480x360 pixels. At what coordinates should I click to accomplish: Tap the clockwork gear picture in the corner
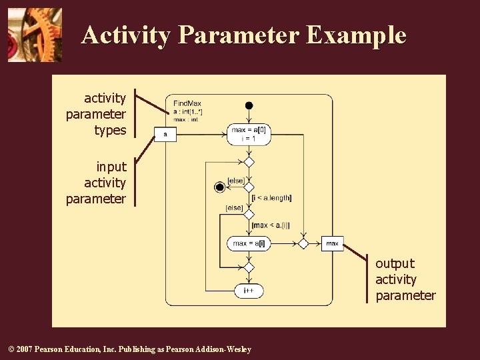35,35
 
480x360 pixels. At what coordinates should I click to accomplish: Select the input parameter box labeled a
165,135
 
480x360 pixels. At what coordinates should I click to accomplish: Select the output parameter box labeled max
332,243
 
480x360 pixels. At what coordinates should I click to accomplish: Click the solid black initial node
249,105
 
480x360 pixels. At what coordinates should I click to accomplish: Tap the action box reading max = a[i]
249,243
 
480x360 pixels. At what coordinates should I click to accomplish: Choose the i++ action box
249,291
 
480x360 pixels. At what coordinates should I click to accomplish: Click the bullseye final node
219,187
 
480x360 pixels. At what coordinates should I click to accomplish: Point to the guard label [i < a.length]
271,197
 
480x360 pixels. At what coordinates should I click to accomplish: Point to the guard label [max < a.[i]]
271,225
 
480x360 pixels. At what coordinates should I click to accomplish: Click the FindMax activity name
187,103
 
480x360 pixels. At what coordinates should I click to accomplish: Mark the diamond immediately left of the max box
303,243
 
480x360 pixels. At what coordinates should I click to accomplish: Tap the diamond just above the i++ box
249,267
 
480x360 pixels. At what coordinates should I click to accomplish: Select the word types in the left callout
110,131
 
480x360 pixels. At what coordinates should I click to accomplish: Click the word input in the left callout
111,167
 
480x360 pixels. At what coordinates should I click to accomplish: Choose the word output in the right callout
395,263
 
